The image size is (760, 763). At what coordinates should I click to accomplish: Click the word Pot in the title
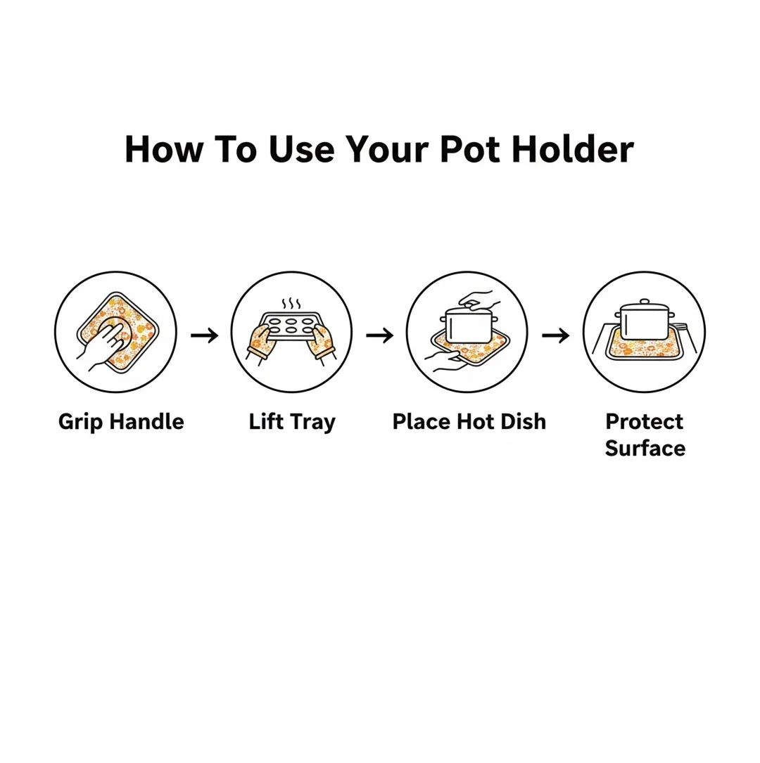470,149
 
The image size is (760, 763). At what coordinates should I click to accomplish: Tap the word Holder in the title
573,149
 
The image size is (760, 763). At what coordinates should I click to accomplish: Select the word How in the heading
163,149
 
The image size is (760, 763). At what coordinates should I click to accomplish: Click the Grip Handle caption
121,422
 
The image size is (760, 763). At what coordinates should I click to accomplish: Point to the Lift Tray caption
292,422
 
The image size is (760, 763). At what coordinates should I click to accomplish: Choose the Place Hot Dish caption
469,421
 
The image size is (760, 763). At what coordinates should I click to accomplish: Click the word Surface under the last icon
645,448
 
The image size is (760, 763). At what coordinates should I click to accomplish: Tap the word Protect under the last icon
644,421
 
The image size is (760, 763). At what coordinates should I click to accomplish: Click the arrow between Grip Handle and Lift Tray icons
205,335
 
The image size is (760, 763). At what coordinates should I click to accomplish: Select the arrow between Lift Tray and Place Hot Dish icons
380,335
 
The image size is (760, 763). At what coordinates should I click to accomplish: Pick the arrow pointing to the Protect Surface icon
555,335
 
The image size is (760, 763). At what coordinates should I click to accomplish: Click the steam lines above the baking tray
291,304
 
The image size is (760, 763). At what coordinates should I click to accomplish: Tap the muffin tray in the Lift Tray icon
291,326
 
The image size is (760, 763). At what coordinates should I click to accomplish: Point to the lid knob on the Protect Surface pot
645,302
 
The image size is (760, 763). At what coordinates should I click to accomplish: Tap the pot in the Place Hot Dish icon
469,323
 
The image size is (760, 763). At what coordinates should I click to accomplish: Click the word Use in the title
301,149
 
